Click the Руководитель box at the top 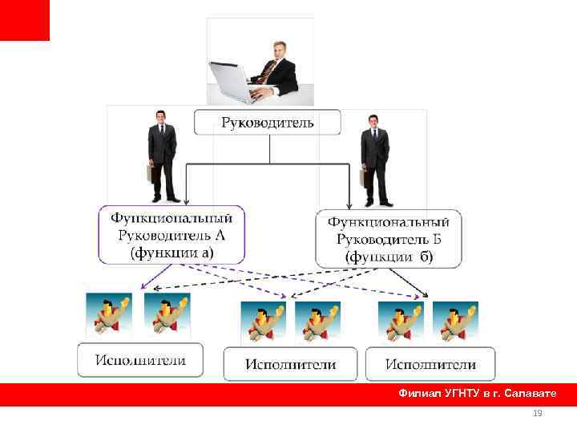[267, 123]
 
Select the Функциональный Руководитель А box [171, 234]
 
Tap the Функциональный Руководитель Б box [389, 239]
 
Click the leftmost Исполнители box [140, 359]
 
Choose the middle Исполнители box [290, 364]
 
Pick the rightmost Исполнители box [430, 364]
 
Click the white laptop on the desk [232, 81]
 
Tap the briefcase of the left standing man [150, 172]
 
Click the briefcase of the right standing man [363, 176]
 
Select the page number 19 [537, 414]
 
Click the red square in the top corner [24, 19]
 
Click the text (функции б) [389, 257]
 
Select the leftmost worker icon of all [109, 315]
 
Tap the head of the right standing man [373, 122]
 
